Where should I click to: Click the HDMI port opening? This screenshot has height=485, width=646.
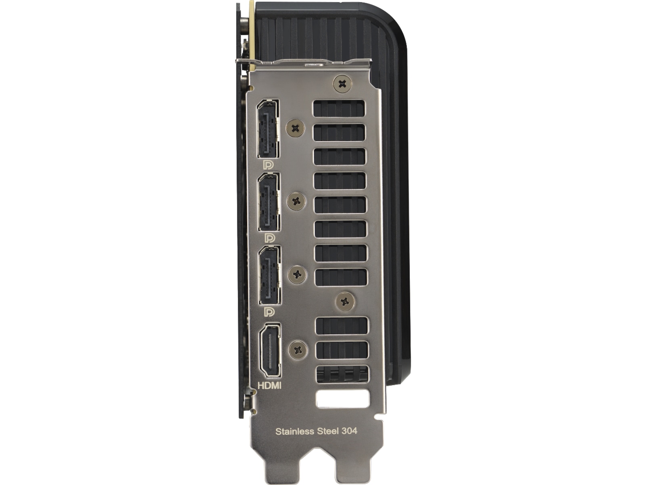coord(269,350)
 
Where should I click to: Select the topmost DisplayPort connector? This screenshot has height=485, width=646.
coord(268,129)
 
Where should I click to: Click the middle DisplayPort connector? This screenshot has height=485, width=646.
coord(269,202)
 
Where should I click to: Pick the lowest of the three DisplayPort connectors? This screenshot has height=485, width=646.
coord(270,275)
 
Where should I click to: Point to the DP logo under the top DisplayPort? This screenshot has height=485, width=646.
coord(268,165)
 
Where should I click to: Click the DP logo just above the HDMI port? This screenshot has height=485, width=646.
coord(269,312)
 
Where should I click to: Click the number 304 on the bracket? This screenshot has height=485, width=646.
coord(349,431)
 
